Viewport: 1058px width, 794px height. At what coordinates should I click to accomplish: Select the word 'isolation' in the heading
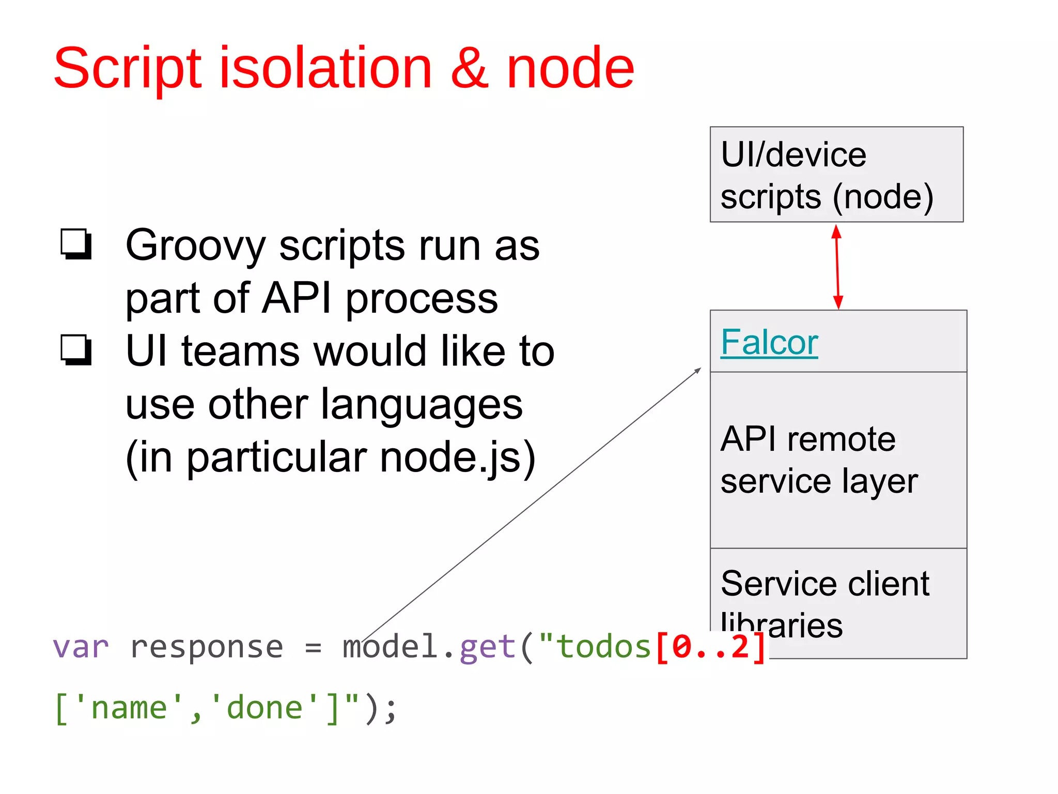coord(325,68)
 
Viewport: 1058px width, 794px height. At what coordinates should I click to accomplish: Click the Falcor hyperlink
coord(769,342)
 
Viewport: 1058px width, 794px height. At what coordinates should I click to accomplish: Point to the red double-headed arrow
coord(837,267)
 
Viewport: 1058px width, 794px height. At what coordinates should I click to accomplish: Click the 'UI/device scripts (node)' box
coord(836,174)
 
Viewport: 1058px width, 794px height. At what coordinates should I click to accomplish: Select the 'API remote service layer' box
coord(838,460)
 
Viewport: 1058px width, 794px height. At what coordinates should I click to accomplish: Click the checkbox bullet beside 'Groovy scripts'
coord(76,243)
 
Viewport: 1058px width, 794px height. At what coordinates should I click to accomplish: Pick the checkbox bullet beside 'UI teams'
coord(76,350)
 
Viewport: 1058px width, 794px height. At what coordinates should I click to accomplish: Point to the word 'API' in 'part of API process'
coord(296,298)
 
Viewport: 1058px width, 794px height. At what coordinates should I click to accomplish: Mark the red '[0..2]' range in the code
coord(711,647)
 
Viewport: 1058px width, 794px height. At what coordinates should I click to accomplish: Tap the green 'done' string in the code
coord(264,708)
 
